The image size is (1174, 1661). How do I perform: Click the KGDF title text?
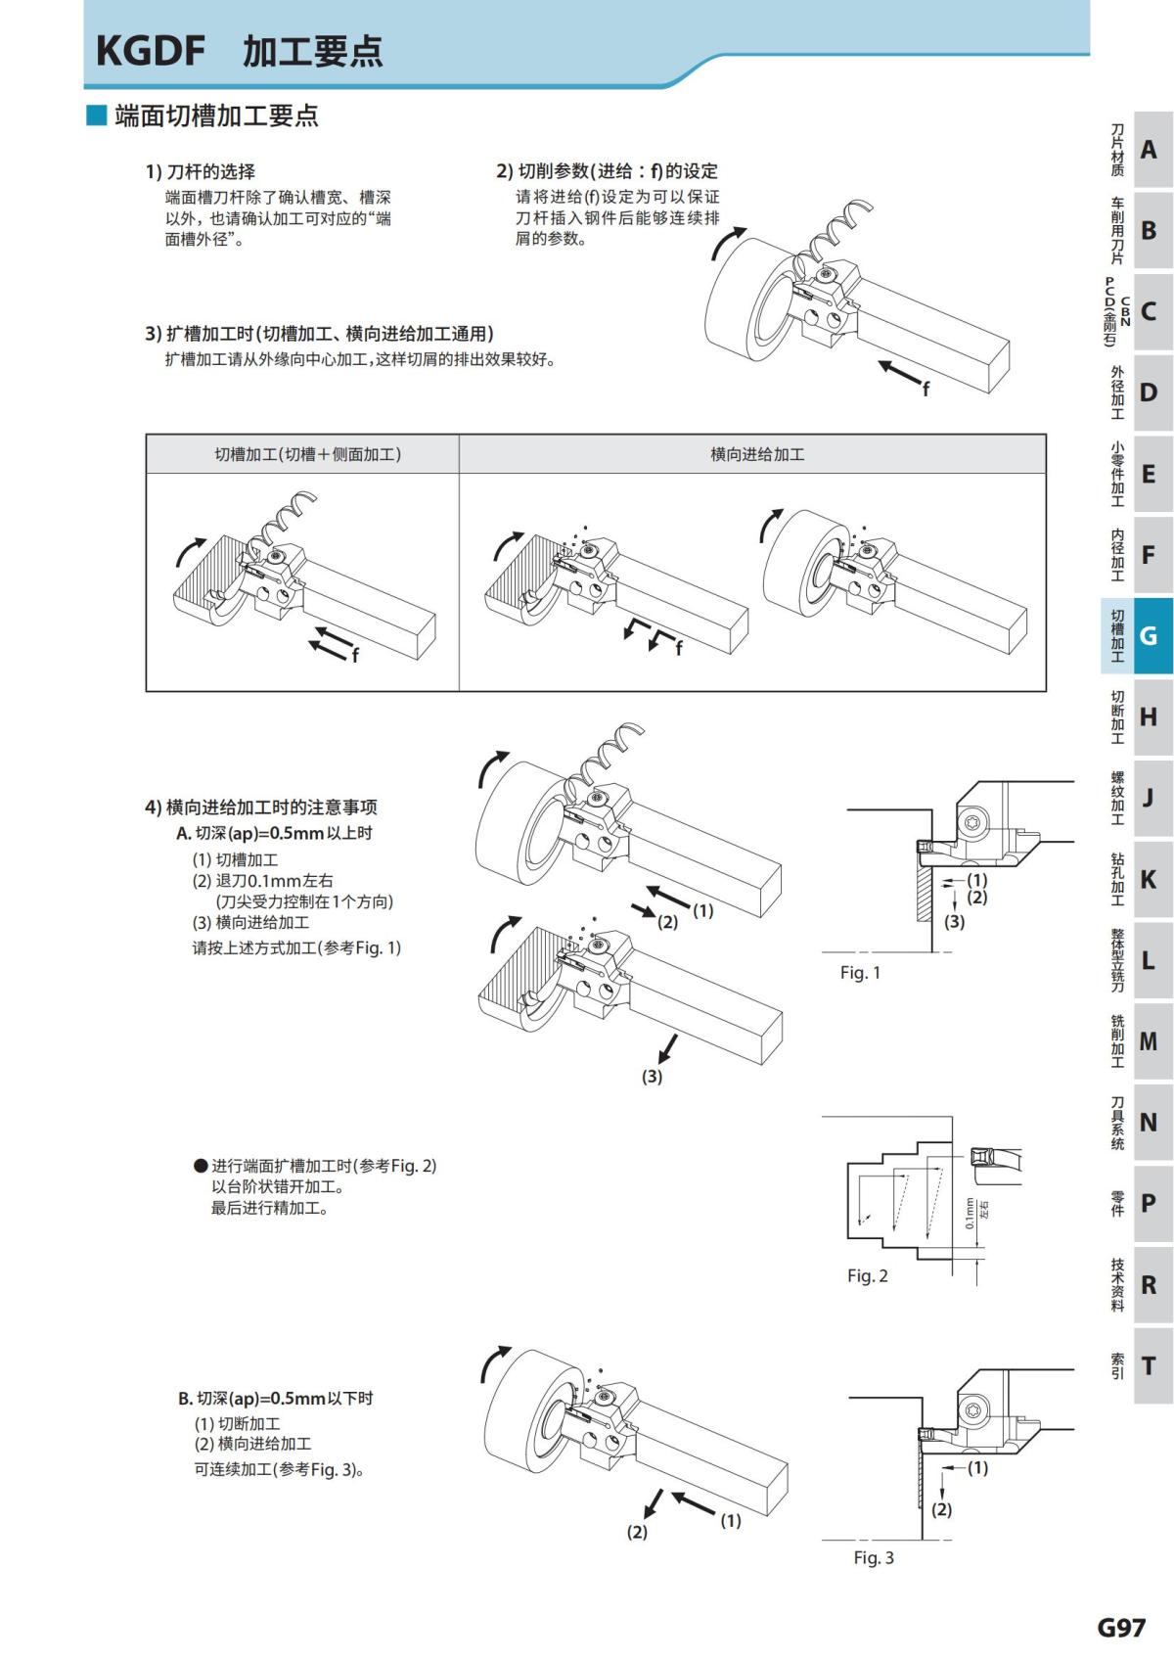pos(150,51)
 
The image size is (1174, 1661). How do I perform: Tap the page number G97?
pos(1120,1627)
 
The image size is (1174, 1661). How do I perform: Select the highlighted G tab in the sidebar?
pos(1149,636)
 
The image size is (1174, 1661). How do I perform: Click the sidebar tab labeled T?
pos(1149,1365)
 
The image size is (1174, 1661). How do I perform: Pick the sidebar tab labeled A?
pos(1149,150)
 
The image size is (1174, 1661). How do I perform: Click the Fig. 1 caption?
pos(860,972)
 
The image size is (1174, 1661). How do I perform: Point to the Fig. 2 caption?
pos(867,1275)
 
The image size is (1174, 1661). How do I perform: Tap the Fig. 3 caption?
pos(873,1557)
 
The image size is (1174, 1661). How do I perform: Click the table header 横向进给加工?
pos(756,454)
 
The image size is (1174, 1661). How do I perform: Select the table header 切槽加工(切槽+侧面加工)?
pos(307,454)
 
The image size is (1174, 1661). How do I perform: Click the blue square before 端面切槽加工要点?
pos(96,115)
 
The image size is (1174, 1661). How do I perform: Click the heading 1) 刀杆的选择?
pos(201,171)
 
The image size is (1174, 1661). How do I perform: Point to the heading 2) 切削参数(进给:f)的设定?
pos(607,171)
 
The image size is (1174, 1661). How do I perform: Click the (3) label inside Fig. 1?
pos(954,921)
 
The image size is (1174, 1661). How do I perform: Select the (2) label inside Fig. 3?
pos(941,1509)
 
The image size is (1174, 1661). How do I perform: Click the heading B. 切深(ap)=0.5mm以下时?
pos(275,1398)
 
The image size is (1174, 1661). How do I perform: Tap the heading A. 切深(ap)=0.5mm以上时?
pos(274,833)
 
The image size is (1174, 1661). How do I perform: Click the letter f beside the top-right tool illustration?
pos(926,391)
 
